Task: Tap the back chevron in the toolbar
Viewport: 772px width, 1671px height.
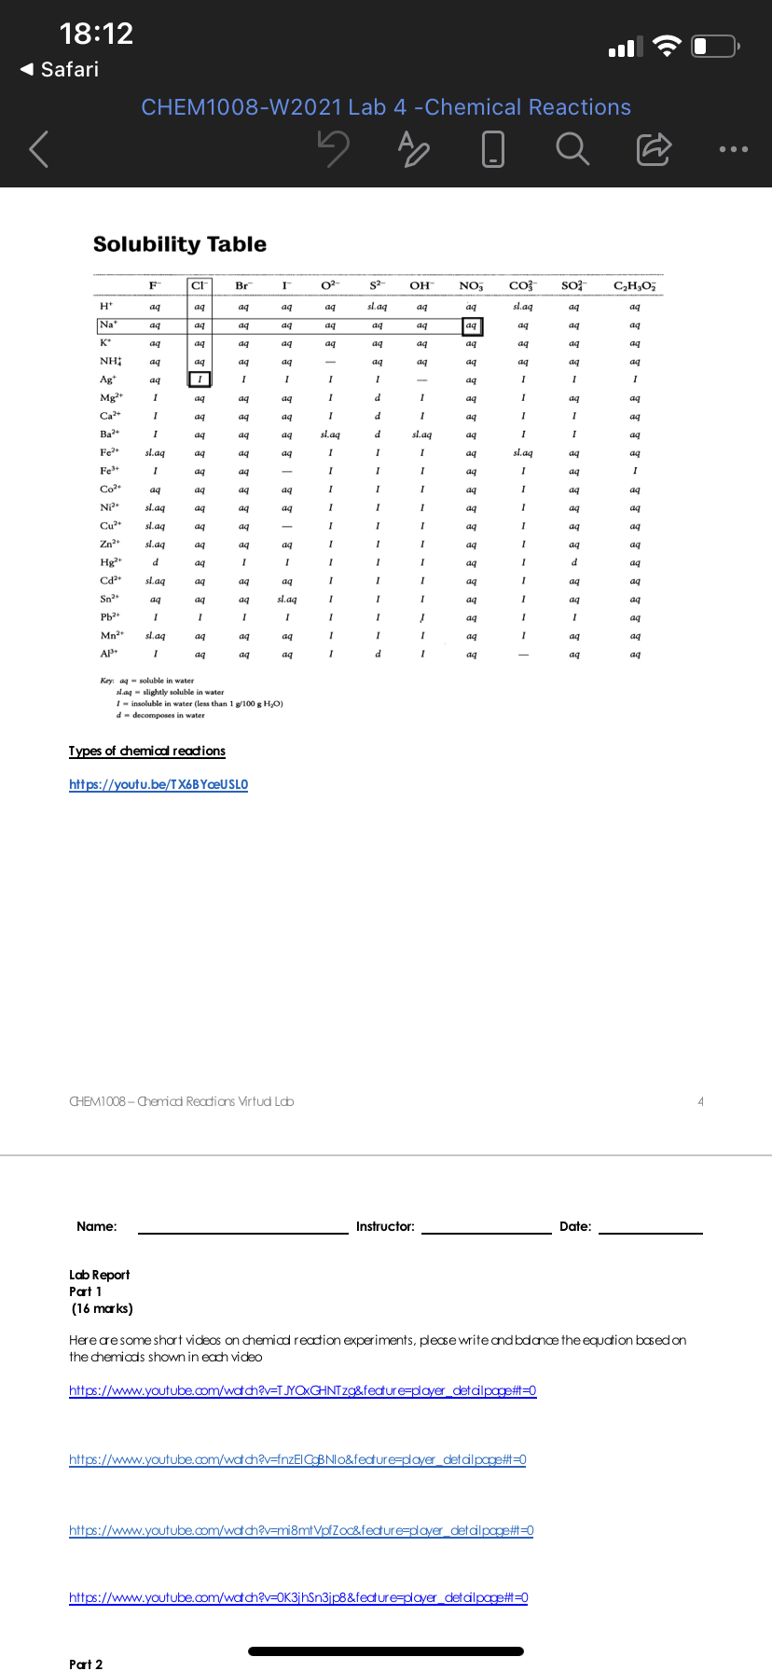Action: pyautogui.click(x=38, y=149)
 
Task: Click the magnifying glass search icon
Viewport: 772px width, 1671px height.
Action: pyautogui.click(x=572, y=148)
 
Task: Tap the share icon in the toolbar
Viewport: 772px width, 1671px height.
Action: pyautogui.click(x=653, y=148)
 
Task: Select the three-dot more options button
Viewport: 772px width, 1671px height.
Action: pyautogui.click(x=733, y=149)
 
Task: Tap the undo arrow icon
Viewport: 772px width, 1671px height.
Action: pyautogui.click(x=333, y=148)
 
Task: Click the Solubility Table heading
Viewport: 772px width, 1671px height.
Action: pyautogui.click(x=180, y=244)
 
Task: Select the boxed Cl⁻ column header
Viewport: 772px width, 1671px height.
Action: pyautogui.click(x=200, y=285)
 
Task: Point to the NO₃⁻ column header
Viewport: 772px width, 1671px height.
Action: pyautogui.click(x=471, y=285)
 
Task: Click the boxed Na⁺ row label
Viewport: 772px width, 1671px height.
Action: pyautogui.click(x=108, y=325)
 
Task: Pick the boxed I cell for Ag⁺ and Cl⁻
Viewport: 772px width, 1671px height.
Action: pyautogui.click(x=200, y=380)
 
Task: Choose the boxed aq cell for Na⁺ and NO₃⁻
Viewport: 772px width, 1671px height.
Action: pyautogui.click(x=472, y=325)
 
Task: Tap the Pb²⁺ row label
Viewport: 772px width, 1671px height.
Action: pyautogui.click(x=108, y=617)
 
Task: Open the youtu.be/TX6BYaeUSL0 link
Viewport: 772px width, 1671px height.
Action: pyautogui.click(x=159, y=784)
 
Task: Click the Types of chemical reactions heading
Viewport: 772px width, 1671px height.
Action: pyautogui.click(x=147, y=751)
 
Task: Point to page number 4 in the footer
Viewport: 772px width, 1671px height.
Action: pyautogui.click(x=700, y=1101)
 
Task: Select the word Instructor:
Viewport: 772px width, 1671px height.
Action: pyautogui.click(x=385, y=1226)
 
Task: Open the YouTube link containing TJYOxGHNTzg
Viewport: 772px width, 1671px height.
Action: pyautogui.click(x=303, y=1390)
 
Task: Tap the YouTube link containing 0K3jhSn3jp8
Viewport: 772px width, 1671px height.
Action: pyautogui.click(x=298, y=1597)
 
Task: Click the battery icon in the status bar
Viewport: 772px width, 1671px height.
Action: pyautogui.click(x=714, y=46)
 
